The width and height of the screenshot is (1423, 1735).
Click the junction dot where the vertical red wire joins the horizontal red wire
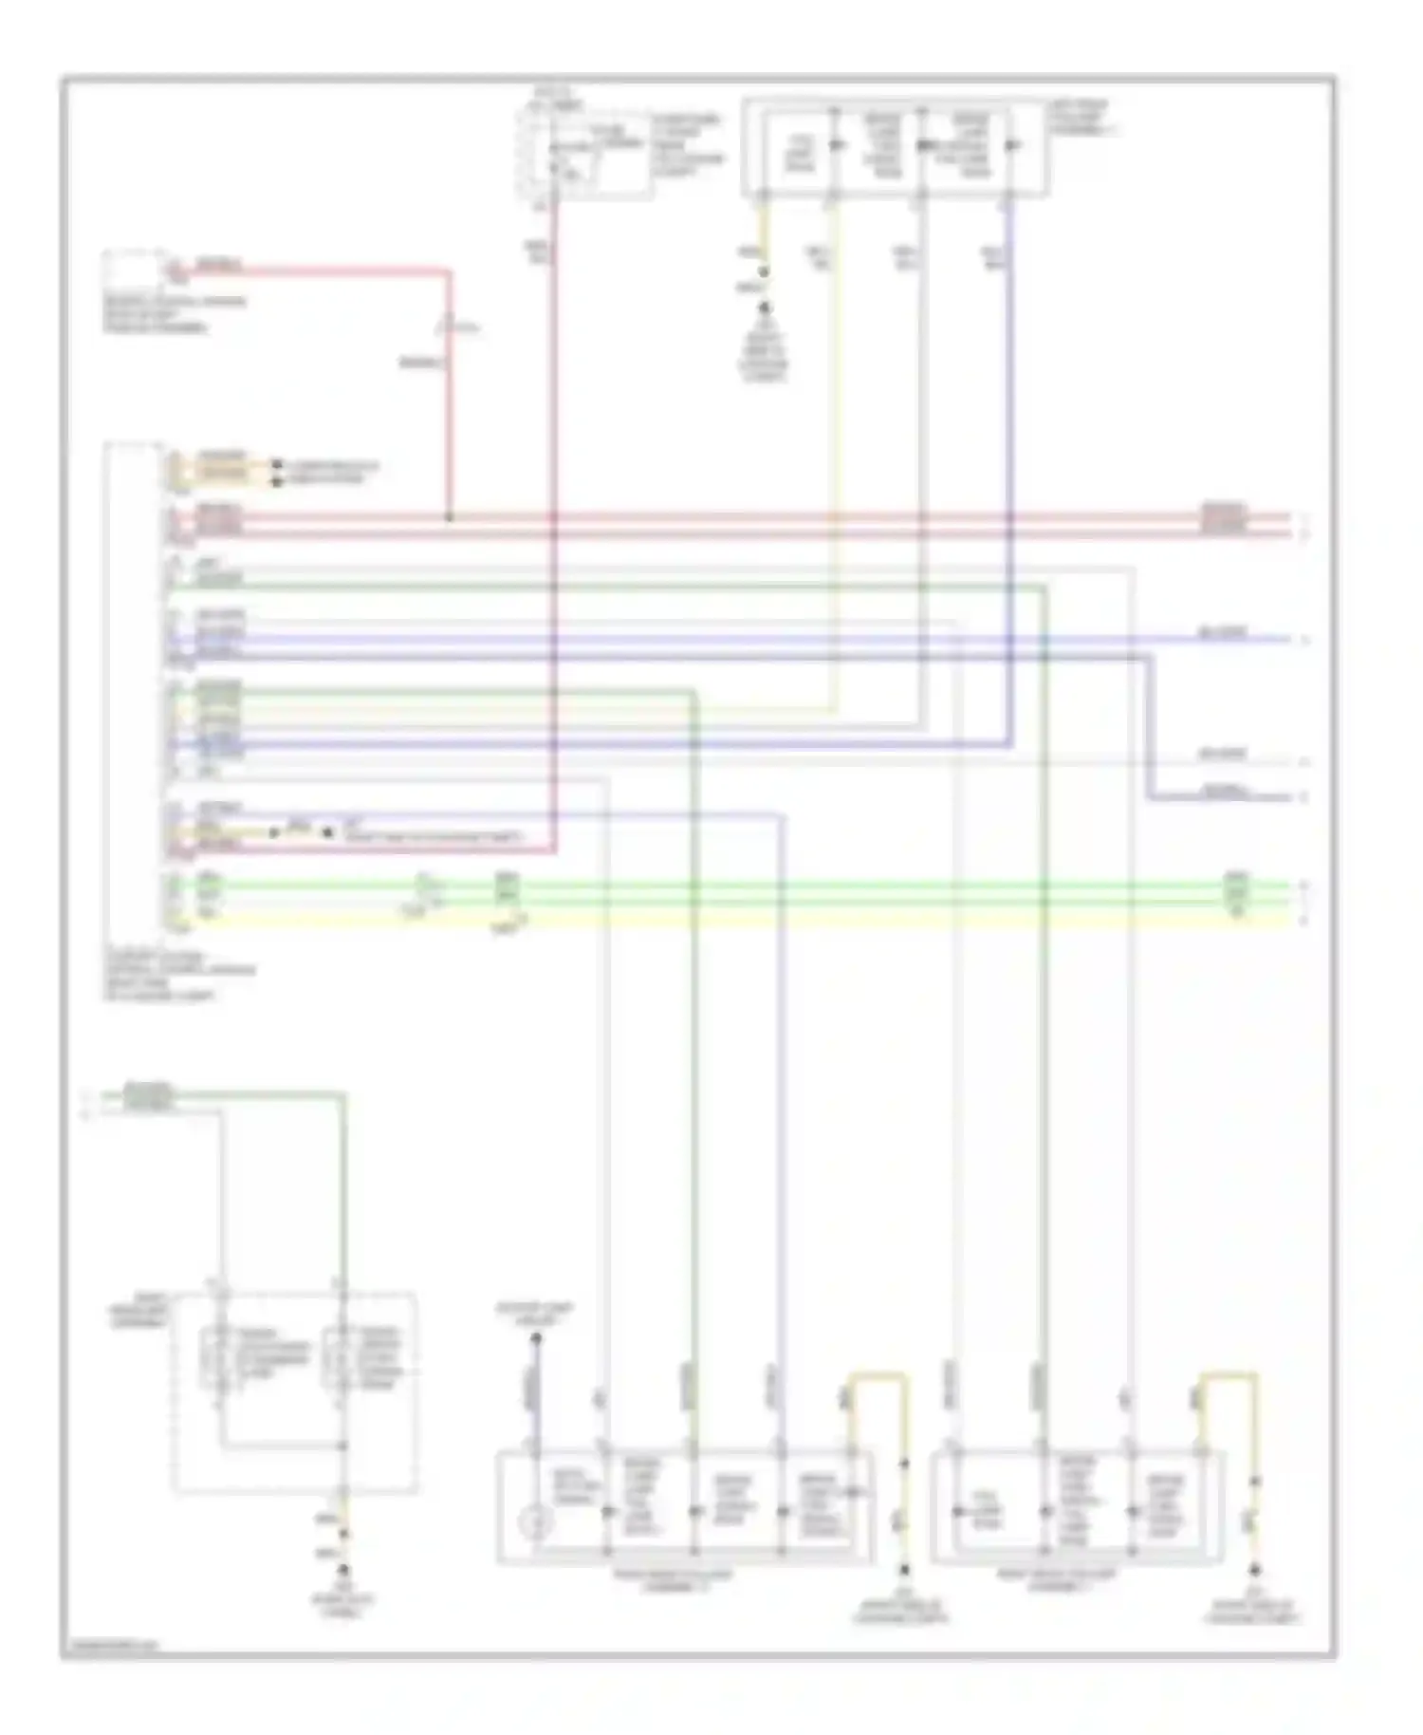[x=449, y=518]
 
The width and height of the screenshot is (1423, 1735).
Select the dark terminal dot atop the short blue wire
[x=535, y=1339]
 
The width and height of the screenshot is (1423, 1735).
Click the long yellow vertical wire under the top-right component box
[x=836, y=456]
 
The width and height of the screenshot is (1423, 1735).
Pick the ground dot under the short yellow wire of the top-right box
[x=765, y=307]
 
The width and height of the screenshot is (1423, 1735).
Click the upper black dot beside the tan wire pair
[x=277, y=465]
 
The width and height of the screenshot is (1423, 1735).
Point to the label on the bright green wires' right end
[x=1236, y=893]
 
